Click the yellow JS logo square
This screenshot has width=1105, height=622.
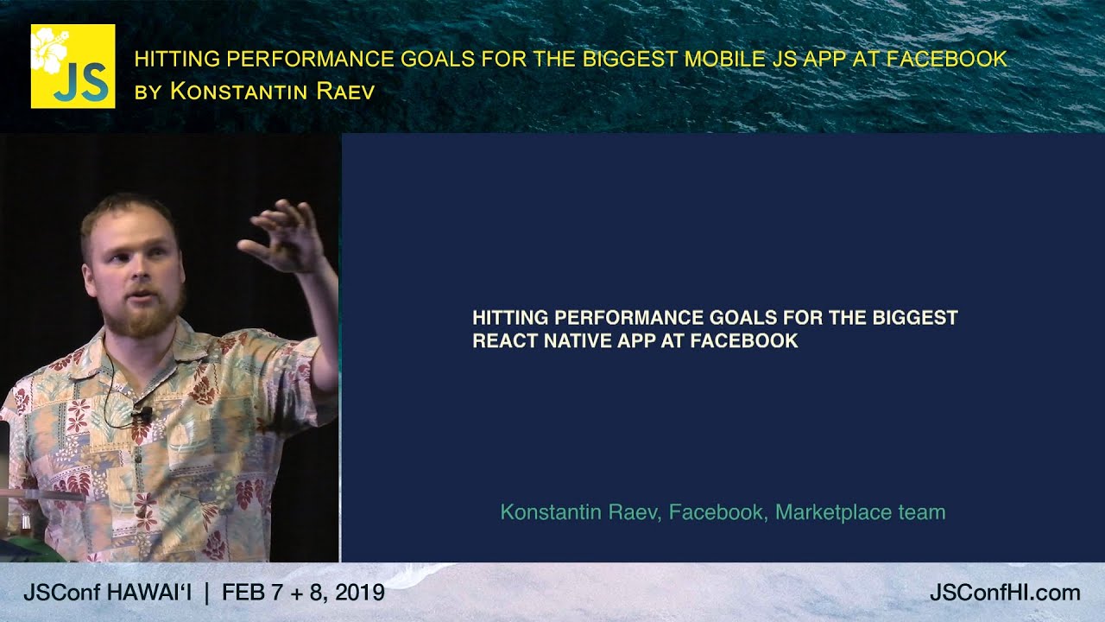pos(73,67)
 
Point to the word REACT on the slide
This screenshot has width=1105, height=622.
pos(505,340)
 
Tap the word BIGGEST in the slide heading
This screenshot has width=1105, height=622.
pos(915,317)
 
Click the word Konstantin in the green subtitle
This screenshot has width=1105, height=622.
pos(548,512)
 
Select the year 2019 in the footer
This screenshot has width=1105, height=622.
pos(360,593)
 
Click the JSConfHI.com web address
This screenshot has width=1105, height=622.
pos(1005,593)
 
